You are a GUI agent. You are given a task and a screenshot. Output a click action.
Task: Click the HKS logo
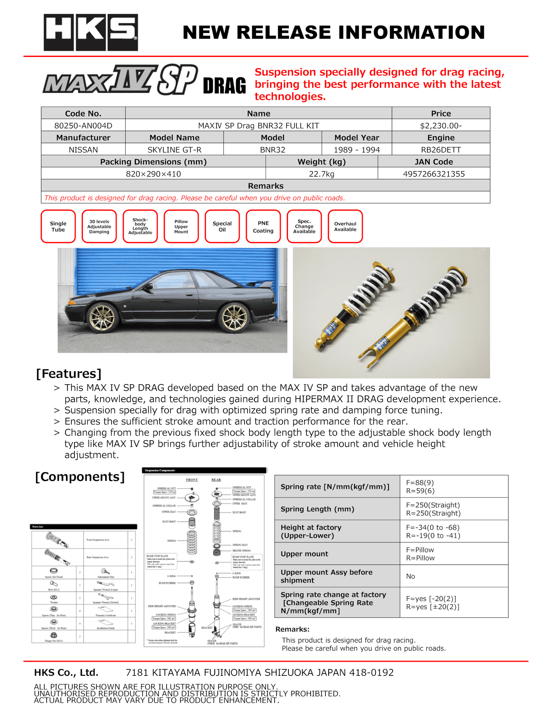[91, 32]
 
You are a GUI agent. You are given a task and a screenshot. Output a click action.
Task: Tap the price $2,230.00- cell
[441, 126]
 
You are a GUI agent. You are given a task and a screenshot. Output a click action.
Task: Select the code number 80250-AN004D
[83, 126]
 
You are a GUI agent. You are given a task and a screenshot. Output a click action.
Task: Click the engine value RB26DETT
[441, 150]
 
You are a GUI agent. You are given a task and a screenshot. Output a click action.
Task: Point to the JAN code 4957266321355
[434, 174]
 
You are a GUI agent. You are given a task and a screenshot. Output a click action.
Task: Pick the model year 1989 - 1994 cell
[357, 150]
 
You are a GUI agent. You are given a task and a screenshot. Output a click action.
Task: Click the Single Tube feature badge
[58, 226]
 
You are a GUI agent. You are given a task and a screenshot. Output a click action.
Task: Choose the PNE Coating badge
[263, 226]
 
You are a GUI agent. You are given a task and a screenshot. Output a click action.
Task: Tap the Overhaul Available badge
[345, 226]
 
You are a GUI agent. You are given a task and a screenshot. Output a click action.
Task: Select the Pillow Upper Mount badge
[181, 226]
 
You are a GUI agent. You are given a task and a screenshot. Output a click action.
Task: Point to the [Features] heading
[69, 373]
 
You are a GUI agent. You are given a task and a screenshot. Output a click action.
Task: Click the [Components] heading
[80, 477]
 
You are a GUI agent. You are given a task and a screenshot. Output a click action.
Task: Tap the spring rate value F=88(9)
[420, 483]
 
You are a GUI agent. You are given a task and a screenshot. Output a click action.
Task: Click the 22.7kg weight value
[322, 174]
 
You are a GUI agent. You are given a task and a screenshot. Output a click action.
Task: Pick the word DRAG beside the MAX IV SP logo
[224, 86]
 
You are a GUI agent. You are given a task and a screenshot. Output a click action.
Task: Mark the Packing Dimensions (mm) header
[153, 162]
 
